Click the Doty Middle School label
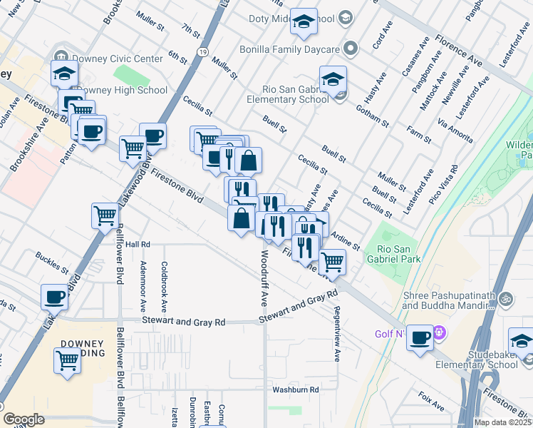282,18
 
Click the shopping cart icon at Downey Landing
68,360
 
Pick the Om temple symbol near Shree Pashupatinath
506,297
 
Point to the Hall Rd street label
138,244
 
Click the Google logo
24,419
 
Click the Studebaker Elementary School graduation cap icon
522,340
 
